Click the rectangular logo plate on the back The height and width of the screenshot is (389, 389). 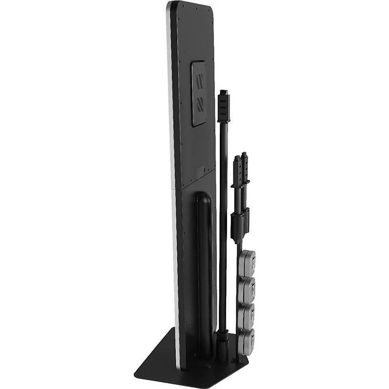click(199, 93)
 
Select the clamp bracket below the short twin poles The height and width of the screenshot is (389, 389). click(240, 224)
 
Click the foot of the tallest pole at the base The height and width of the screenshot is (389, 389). click(223, 340)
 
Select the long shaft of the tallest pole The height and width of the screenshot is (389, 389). click(223, 219)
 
